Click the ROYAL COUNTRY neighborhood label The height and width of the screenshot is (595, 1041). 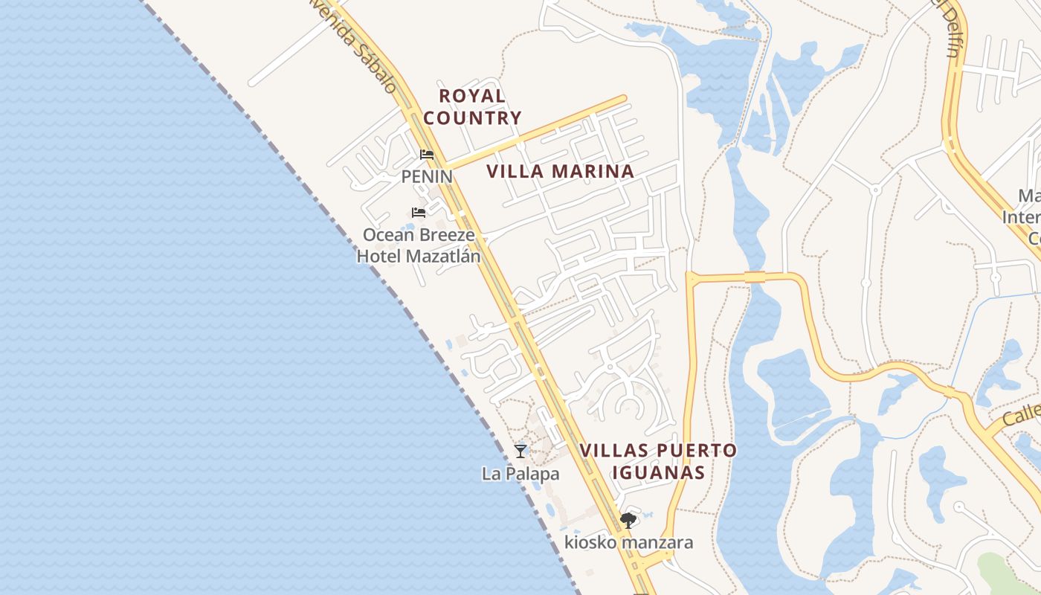tap(472, 106)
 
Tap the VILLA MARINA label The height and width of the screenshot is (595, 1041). tap(560, 171)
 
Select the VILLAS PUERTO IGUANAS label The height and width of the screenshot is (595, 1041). tap(658, 461)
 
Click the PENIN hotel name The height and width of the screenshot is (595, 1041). tap(427, 176)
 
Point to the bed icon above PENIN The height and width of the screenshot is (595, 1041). tap(427, 155)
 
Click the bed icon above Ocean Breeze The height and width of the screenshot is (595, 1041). tap(419, 213)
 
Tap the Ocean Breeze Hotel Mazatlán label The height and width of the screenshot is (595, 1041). tap(419, 245)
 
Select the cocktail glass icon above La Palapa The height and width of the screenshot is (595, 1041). tap(520, 451)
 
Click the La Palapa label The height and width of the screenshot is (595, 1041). tap(520, 473)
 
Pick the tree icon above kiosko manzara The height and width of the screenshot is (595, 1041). tap(628, 520)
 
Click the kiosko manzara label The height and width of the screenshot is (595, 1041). tap(628, 542)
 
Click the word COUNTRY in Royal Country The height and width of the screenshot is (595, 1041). tap(472, 118)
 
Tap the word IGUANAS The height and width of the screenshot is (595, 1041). tap(658, 472)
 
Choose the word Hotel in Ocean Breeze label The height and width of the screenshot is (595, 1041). tap(384, 256)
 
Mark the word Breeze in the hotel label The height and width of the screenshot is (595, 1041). tap(445, 235)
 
